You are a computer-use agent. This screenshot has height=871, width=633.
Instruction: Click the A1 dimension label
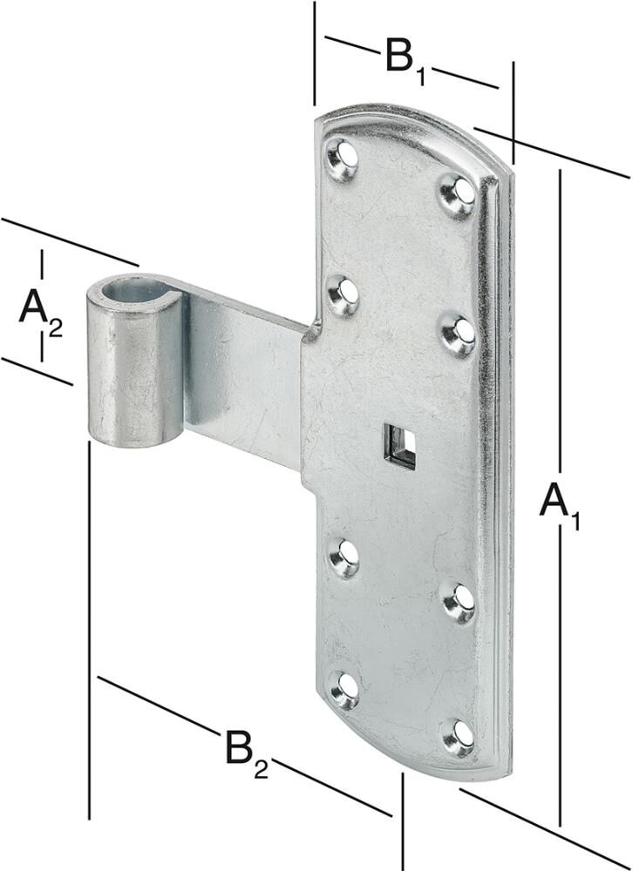coord(560,505)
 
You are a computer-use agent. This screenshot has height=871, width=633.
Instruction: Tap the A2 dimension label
coord(40,313)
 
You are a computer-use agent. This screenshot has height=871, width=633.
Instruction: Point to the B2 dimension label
coord(247,753)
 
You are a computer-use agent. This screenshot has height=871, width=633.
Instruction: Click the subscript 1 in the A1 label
coord(574,521)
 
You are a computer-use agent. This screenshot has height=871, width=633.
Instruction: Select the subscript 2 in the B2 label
coord(262,768)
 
